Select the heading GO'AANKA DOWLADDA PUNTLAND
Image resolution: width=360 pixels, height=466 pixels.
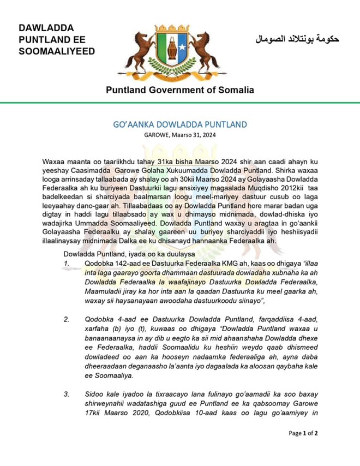(x=179, y=124)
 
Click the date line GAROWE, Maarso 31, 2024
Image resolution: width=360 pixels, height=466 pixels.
(x=179, y=135)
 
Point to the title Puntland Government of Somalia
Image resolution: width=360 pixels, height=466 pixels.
(x=179, y=90)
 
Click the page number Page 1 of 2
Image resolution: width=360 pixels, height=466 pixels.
(x=303, y=433)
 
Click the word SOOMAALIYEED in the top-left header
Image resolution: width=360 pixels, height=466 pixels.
(x=57, y=51)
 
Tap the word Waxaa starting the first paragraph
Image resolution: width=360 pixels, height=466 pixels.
(x=53, y=163)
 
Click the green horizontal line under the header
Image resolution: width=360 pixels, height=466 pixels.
(x=180, y=103)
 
